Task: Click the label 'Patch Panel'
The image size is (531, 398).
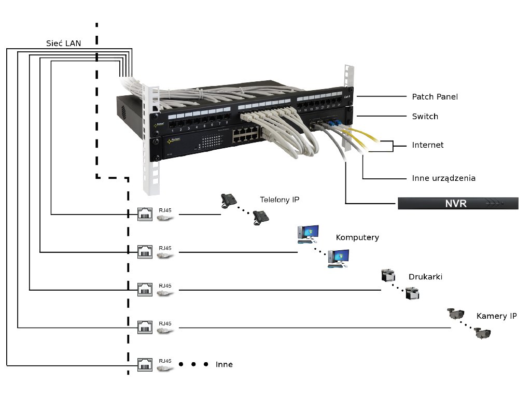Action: (435, 97)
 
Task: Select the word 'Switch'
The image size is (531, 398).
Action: (425, 117)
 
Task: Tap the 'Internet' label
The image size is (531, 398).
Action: (428, 145)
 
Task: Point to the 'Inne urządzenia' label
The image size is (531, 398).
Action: (443, 178)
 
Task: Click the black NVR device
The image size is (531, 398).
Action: (458, 203)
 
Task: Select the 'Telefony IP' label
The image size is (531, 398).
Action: (280, 200)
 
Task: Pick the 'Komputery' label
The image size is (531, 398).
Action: (357, 238)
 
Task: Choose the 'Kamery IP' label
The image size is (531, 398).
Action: (496, 316)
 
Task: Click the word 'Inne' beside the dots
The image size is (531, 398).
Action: (224, 365)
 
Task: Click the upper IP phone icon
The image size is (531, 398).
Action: (229, 200)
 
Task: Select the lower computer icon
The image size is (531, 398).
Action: (339, 258)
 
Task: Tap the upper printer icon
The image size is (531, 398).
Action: (388, 275)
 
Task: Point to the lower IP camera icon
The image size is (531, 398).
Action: (482, 333)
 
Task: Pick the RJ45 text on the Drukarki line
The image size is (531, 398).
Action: (165, 286)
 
